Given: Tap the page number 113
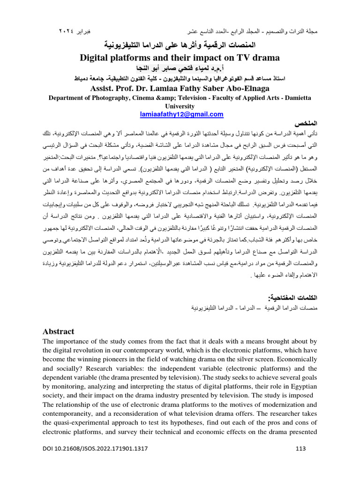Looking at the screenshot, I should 301,462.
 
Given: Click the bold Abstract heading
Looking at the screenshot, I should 58,331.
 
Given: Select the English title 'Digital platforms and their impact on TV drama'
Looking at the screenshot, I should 180,58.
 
